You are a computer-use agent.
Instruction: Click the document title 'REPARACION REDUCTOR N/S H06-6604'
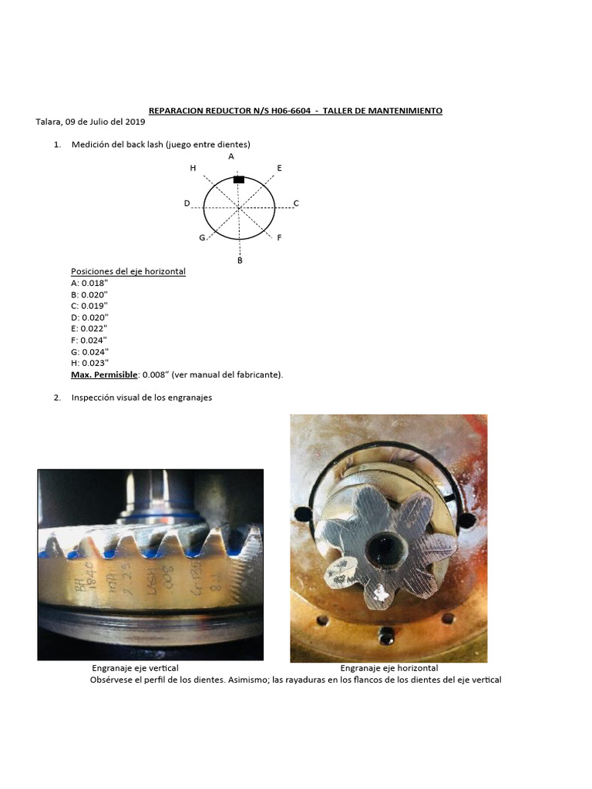click(x=229, y=111)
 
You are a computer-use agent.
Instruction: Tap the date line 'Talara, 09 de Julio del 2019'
click(x=90, y=122)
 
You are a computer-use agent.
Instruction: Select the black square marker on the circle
click(x=239, y=180)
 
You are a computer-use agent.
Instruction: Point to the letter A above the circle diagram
click(x=230, y=156)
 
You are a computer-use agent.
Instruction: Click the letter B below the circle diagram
click(x=240, y=261)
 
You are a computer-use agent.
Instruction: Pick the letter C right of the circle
click(x=296, y=203)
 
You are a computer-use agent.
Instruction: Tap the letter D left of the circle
click(x=187, y=203)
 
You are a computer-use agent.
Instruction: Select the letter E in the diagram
click(x=279, y=168)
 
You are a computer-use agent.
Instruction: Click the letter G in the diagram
click(x=202, y=237)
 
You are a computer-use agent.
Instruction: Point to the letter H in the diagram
click(x=193, y=168)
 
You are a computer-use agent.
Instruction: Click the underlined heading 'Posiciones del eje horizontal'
click(x=128, y=271)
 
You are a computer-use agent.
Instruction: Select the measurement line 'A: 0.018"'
click(x=89, y=283)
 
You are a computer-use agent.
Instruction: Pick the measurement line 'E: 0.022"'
click(x=89, y=328)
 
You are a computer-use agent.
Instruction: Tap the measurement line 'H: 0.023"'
click(x=89, y=362)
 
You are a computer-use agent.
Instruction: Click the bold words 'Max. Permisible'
click(x=104, y=374)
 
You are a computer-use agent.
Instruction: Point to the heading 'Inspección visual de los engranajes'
click(x=141, y=398)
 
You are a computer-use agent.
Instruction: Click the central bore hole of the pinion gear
click(x=383, y=548)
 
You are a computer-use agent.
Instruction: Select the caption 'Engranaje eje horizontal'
click(x=389, y=668)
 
